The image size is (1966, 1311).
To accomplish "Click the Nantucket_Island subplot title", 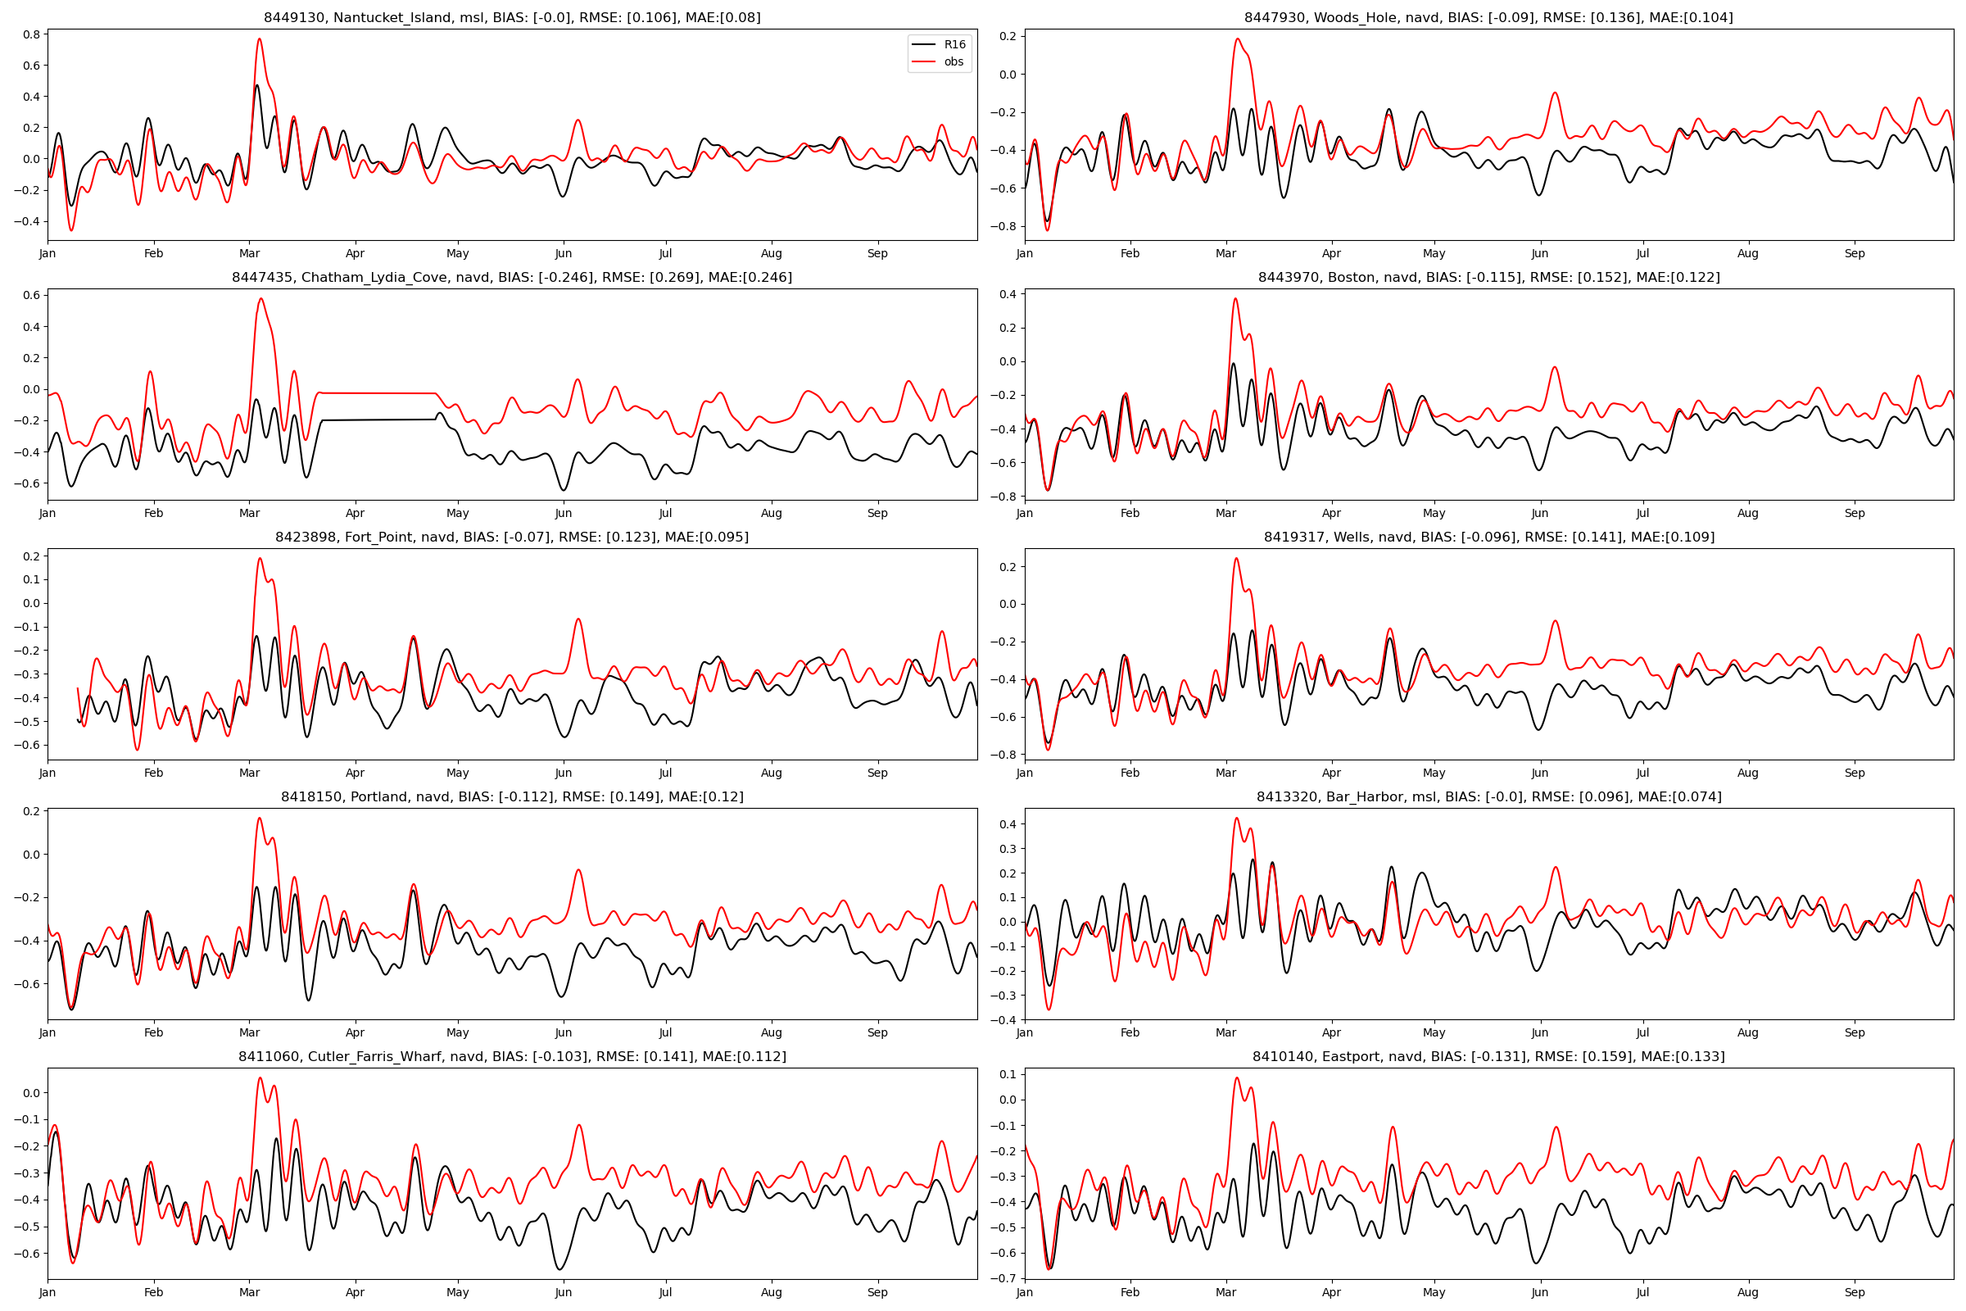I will (511, 17).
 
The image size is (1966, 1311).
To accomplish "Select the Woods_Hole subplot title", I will (1488, 17).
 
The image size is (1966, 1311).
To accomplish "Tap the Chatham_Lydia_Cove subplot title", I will (511, 278).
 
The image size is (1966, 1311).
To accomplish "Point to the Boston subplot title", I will (1488, 278).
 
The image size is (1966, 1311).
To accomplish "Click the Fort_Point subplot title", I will (511, 537).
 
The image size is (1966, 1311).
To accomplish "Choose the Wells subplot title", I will (1488, 537).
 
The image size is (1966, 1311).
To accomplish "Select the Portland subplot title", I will (511, 796).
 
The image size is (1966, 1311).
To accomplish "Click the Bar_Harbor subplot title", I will (1488, 796).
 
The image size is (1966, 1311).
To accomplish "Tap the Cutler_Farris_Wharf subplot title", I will (511, 1057).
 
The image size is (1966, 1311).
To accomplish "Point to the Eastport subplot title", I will (1488, 1057).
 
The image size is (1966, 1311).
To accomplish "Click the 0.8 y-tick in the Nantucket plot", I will (32, 34).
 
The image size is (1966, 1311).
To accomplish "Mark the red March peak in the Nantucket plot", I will (259, 39).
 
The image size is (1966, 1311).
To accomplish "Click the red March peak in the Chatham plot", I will (261, 299).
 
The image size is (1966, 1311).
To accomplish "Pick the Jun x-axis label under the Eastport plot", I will (1539, 1293).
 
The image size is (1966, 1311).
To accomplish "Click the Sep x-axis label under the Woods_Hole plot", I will (1854, 253).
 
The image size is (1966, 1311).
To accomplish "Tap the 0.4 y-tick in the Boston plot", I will (1008, 294).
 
